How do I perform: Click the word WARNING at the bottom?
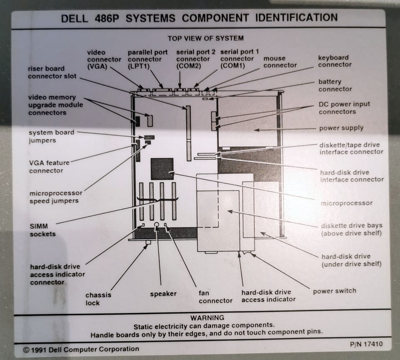[207, 317]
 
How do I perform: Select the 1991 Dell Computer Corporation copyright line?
[81, 349]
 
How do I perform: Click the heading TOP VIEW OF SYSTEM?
[205, 38]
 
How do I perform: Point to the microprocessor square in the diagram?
[162, 169]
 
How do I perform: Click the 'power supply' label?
[341, 128]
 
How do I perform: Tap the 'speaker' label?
[163, 294]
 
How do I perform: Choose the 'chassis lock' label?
[98, 299]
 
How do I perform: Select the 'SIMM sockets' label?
[42, 230]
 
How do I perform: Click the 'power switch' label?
[334, 291]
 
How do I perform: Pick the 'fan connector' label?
[215, 297]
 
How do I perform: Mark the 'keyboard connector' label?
[335, 61]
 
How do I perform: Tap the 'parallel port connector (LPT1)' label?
[147, 59]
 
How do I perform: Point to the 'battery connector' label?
[335, 85]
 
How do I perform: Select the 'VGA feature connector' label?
[48, 166]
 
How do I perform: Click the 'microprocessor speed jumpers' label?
[55, 197]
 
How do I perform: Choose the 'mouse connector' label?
[280, 62]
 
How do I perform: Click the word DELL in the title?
[75, 18]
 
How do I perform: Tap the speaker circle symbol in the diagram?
[157, 224]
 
